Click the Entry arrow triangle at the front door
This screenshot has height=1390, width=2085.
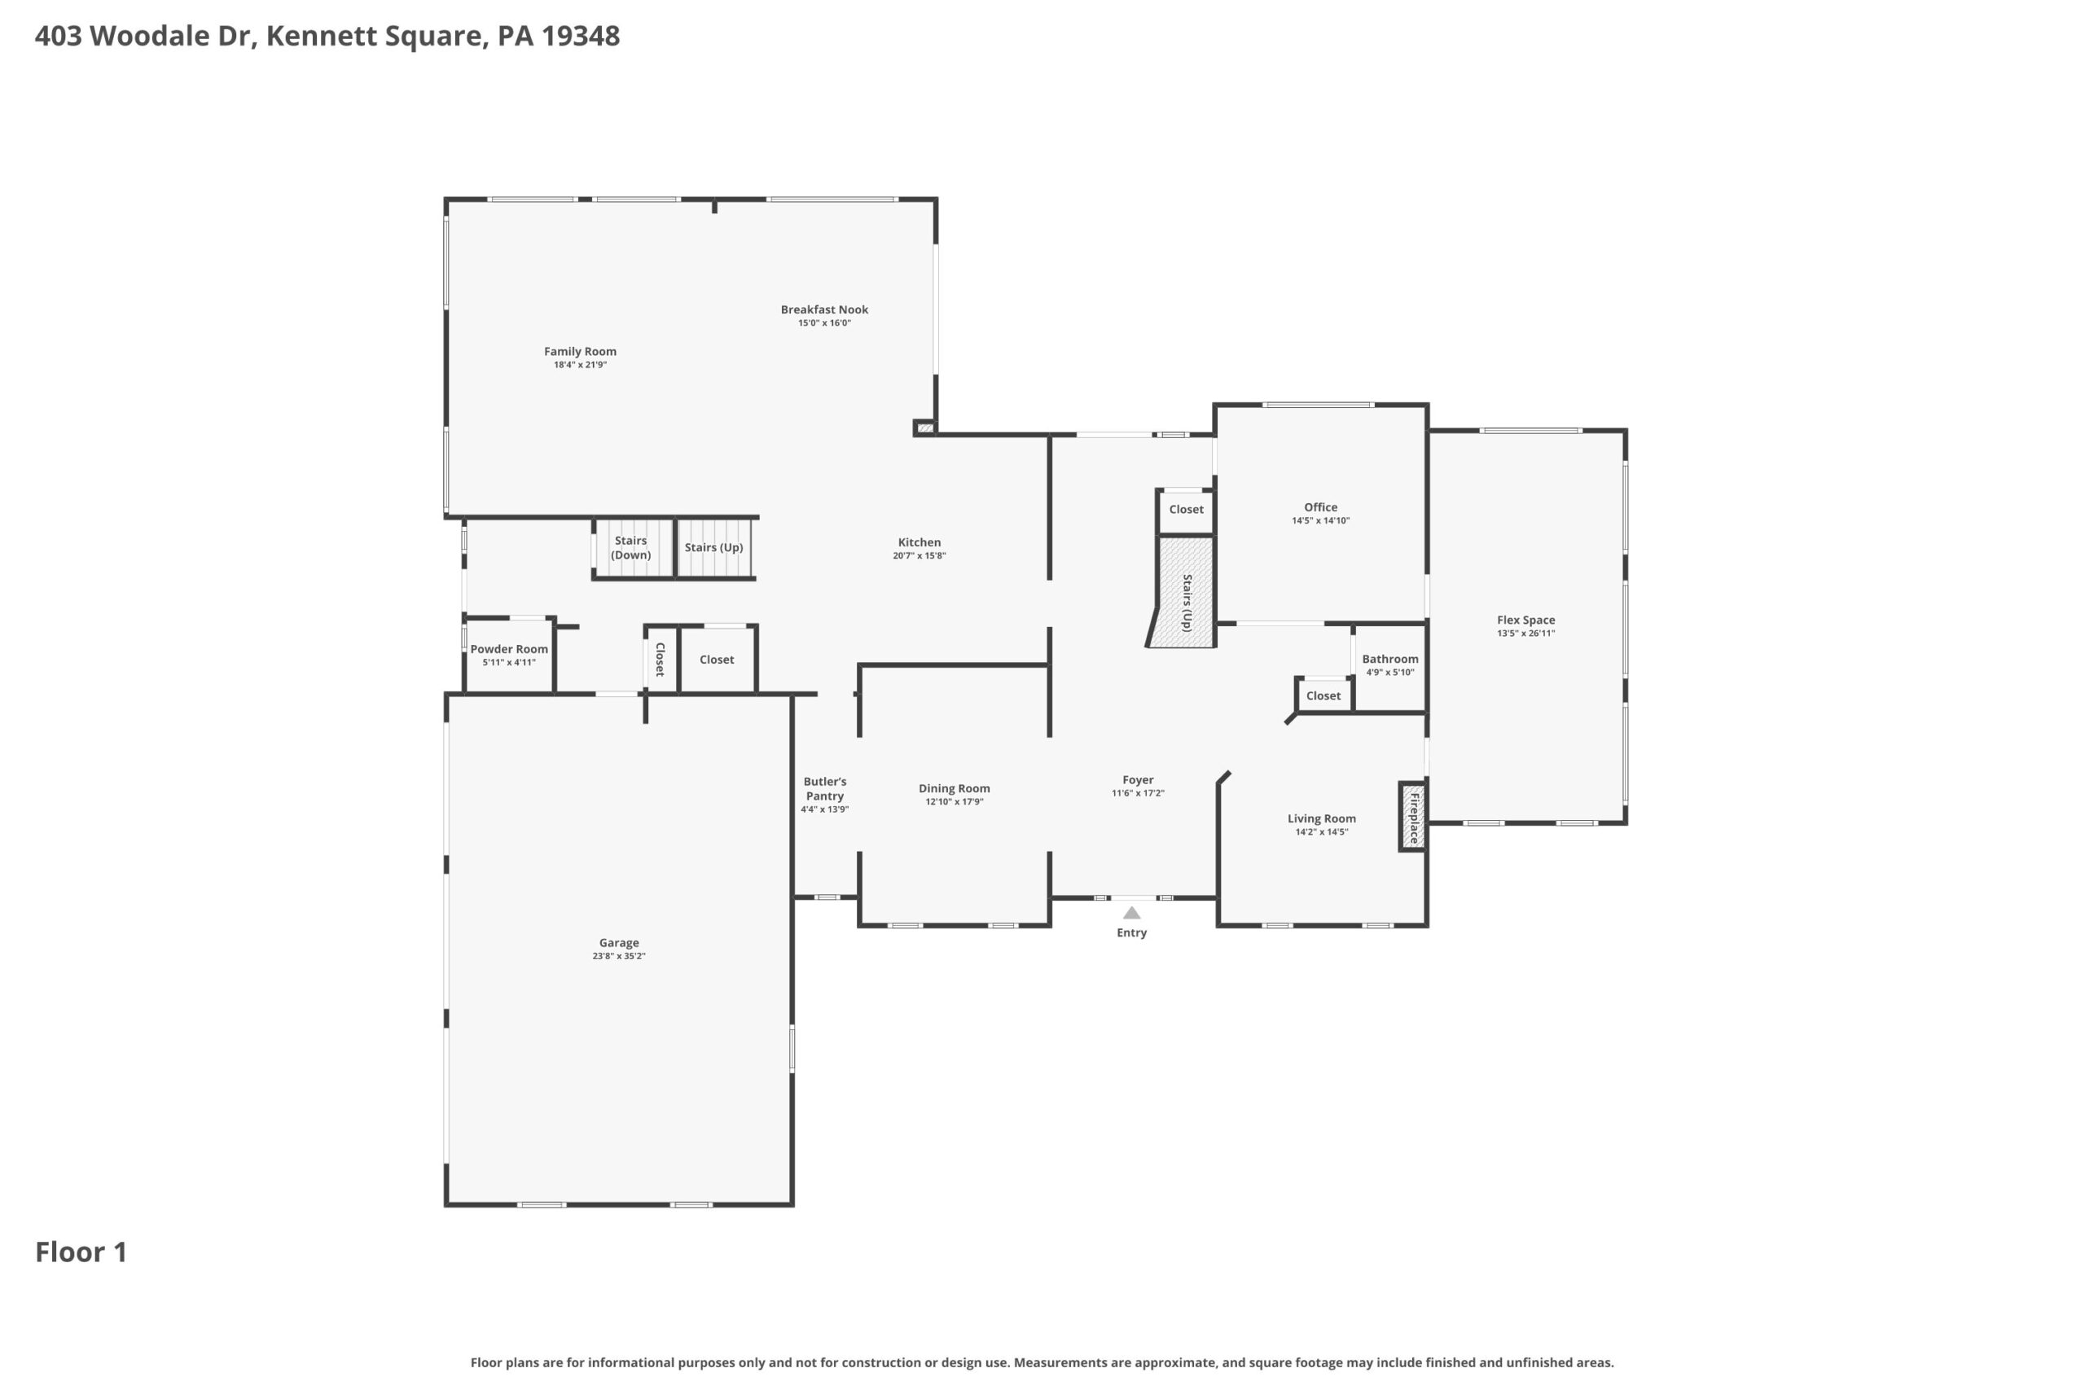point(1132,912)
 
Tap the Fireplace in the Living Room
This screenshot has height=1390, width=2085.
point(1413,817)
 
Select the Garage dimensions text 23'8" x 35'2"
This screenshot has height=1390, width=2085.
point(619,957)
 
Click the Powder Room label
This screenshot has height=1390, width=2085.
point(509,649)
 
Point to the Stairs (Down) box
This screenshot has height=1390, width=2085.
point(632,548)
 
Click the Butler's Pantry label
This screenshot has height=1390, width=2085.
point(824,789)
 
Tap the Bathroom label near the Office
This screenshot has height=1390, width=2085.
point(1390,659)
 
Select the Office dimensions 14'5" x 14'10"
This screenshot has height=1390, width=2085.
point(1321,521)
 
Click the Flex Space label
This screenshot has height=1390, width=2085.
point(1525,620)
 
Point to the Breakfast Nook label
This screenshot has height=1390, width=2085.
point(824,309)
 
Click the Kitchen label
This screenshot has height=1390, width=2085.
point(920,542)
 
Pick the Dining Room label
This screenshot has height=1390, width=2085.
point(954,788)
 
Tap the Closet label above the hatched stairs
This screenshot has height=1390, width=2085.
point(1186,510)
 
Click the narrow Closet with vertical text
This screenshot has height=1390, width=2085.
point(661,660)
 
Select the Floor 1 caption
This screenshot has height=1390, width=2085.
point(81,1252)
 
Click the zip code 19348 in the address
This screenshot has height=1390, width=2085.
point(581,36)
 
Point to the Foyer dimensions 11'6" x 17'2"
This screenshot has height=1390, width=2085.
point(1139,793)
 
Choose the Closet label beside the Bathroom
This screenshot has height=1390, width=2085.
point(1323,696)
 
